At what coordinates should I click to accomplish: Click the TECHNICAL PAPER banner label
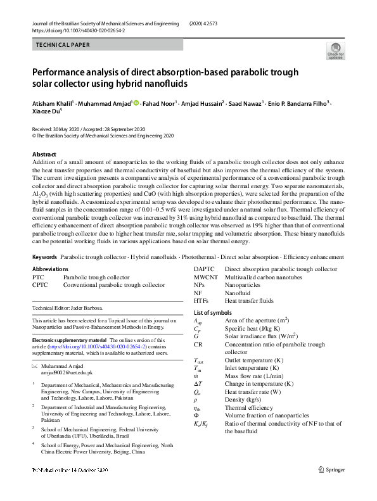pos(63,45)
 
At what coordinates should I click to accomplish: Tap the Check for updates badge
pos(336,51)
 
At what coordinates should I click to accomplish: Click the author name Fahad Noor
pos(158,103)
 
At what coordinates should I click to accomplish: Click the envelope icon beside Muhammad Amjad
pos(35,367)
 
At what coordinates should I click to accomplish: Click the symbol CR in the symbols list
pos(198,345)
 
